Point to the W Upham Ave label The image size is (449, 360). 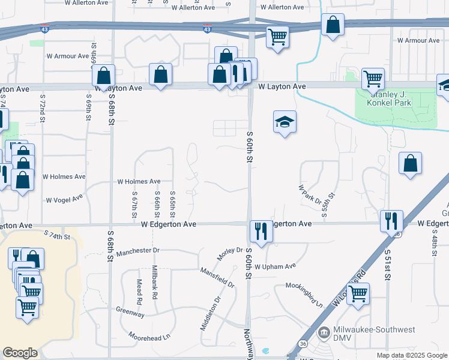(276, 266)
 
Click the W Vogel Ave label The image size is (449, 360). (64, 199)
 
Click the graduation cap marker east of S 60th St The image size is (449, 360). (285, 122)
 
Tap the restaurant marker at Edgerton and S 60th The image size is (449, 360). (261, 230)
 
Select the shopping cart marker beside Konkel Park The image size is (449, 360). (373, 78)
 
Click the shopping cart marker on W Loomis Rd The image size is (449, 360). (358, 294)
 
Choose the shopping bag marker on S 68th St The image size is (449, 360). (104, 76)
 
